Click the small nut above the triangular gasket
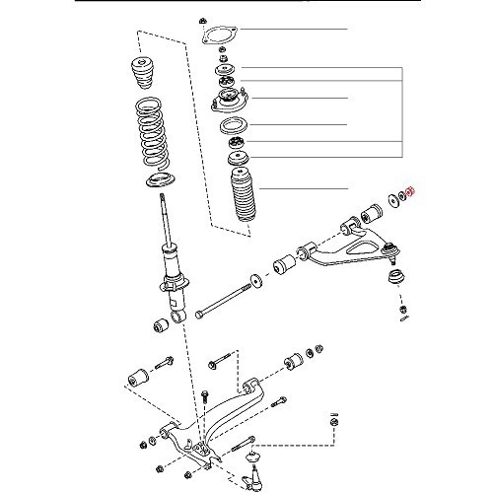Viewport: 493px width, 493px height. click(203, 19)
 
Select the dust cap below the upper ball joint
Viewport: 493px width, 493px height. click(404, 313)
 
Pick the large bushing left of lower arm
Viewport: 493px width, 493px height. click(136, 376)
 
